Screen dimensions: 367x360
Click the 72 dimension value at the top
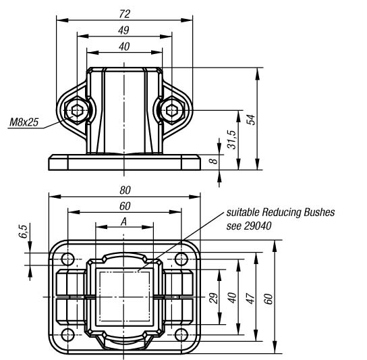[x=124, y=14]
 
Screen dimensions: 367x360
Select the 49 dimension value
[x=124, y=30]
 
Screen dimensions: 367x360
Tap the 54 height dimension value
[x=251, y=120]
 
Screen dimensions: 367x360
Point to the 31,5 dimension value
[x=233, y=140]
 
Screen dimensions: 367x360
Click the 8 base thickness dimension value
[x=213, y=161]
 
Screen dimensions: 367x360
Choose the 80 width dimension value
[x=125, y=190]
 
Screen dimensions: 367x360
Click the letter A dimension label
[x=124, y=222]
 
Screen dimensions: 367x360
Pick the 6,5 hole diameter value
[x=23, y=231]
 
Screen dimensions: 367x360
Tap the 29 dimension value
[x=213, y=298]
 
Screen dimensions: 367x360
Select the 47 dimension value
[x=251, y=298]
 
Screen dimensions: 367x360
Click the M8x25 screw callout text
[x=24, y=122]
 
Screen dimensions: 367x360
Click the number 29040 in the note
[x=258, y=226]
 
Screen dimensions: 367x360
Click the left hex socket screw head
[x=76, y=110]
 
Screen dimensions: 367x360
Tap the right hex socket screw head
[x=172, y=110]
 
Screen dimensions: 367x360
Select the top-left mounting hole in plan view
[x=67, y=259]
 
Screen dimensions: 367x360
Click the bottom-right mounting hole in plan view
[x=181, y=335]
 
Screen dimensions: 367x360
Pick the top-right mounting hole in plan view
[x=181, y=259]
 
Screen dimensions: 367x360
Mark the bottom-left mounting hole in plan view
[x=67, y=335]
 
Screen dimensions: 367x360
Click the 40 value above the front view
[x=124, y=47]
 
